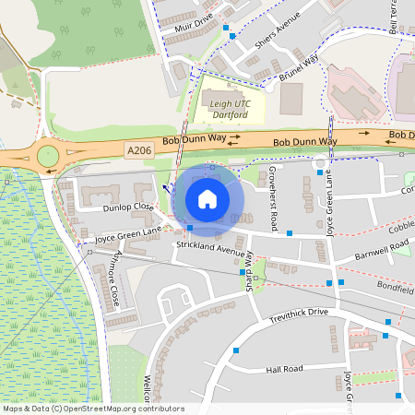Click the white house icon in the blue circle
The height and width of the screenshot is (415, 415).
pos(207,199)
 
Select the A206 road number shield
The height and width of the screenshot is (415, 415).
pos(139,149)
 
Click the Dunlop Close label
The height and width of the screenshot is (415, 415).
pos(128,207)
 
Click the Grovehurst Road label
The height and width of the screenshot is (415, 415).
pos(273,197)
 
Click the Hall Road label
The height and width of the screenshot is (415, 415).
pos(285,369)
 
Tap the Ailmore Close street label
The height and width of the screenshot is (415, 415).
pos(115,280)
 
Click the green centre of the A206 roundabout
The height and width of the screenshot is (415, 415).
pos(47,155)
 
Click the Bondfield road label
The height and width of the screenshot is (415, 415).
pos(396,287)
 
